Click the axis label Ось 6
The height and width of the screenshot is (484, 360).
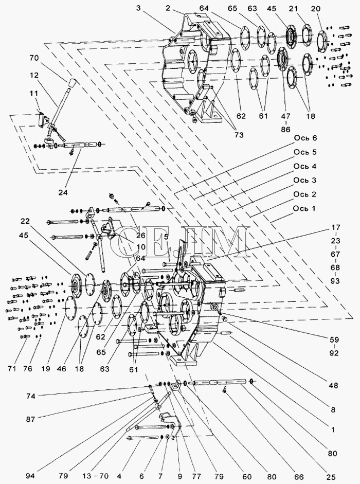pyautogui.click(x=305, y=138)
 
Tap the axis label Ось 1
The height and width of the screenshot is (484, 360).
pyautogui.click(x=304, y=209)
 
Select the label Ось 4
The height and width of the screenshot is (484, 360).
pyautogui.click(x=305, y=166)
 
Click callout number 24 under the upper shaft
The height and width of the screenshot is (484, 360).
pyautogui.click(x=63, y=192)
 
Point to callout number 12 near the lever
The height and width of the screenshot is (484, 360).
pyautogui.click(x=34, y=75)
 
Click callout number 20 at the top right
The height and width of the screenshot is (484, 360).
pyautogui.click(x=316, y=9)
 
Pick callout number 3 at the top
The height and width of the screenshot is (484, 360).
pyautogui.click(x=138, y=8)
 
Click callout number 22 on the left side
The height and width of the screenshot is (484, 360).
pyautogui.click(x=26, y=221)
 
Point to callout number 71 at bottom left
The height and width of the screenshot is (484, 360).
pyautogui.click(x=12, y=369)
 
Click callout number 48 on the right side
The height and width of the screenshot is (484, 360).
pyautogui.click(x=334, y=386)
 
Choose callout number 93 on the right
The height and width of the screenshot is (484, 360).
pyautogui.click(x=336, y=281)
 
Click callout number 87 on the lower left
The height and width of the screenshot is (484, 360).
pyautogui.click(x=30, y=419)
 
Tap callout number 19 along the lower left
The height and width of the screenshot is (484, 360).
pyautogui.click(x=45, y=369)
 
